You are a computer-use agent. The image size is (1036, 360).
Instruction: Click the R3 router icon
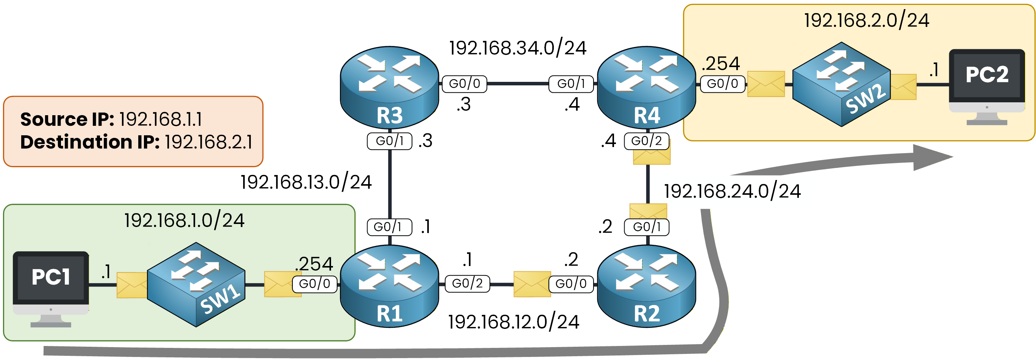[389, 86]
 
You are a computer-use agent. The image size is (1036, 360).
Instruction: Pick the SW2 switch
[841, 84]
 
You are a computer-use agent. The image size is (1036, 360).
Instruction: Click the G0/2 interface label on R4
[646, 141]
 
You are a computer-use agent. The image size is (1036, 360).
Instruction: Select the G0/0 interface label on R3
[464, 84]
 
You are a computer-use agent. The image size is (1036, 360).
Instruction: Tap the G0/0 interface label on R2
[571, 284]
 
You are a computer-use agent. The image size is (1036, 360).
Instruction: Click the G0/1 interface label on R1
[389, 227]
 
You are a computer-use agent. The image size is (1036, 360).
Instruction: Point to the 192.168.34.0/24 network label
[517, 48]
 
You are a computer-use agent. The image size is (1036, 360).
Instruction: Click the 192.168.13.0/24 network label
[306, 182]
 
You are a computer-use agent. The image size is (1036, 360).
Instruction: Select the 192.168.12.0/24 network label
[514, 322]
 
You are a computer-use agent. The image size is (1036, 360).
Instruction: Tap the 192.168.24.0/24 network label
[732, 191]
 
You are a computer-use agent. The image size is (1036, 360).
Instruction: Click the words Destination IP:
[90, 142]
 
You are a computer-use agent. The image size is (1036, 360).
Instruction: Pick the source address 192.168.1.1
[161, 119]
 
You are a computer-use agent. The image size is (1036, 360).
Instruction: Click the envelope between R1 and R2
[532, 284]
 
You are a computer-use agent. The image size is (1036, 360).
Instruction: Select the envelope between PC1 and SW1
[132, 285]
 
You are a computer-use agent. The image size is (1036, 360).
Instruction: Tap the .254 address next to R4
[721, 64]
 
